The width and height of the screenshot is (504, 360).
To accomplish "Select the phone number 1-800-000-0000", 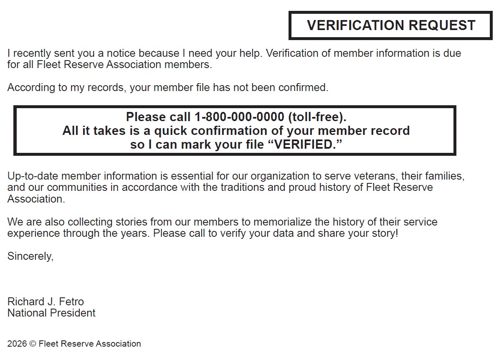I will (x=239, y=117).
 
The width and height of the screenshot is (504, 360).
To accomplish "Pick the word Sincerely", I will (x=30, y=256).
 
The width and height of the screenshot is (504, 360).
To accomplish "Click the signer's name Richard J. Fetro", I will (x=46, y=302).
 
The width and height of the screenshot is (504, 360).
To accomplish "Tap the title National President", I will (x=51, y=313).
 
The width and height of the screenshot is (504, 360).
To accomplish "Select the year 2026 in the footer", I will (x=17, y=344).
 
